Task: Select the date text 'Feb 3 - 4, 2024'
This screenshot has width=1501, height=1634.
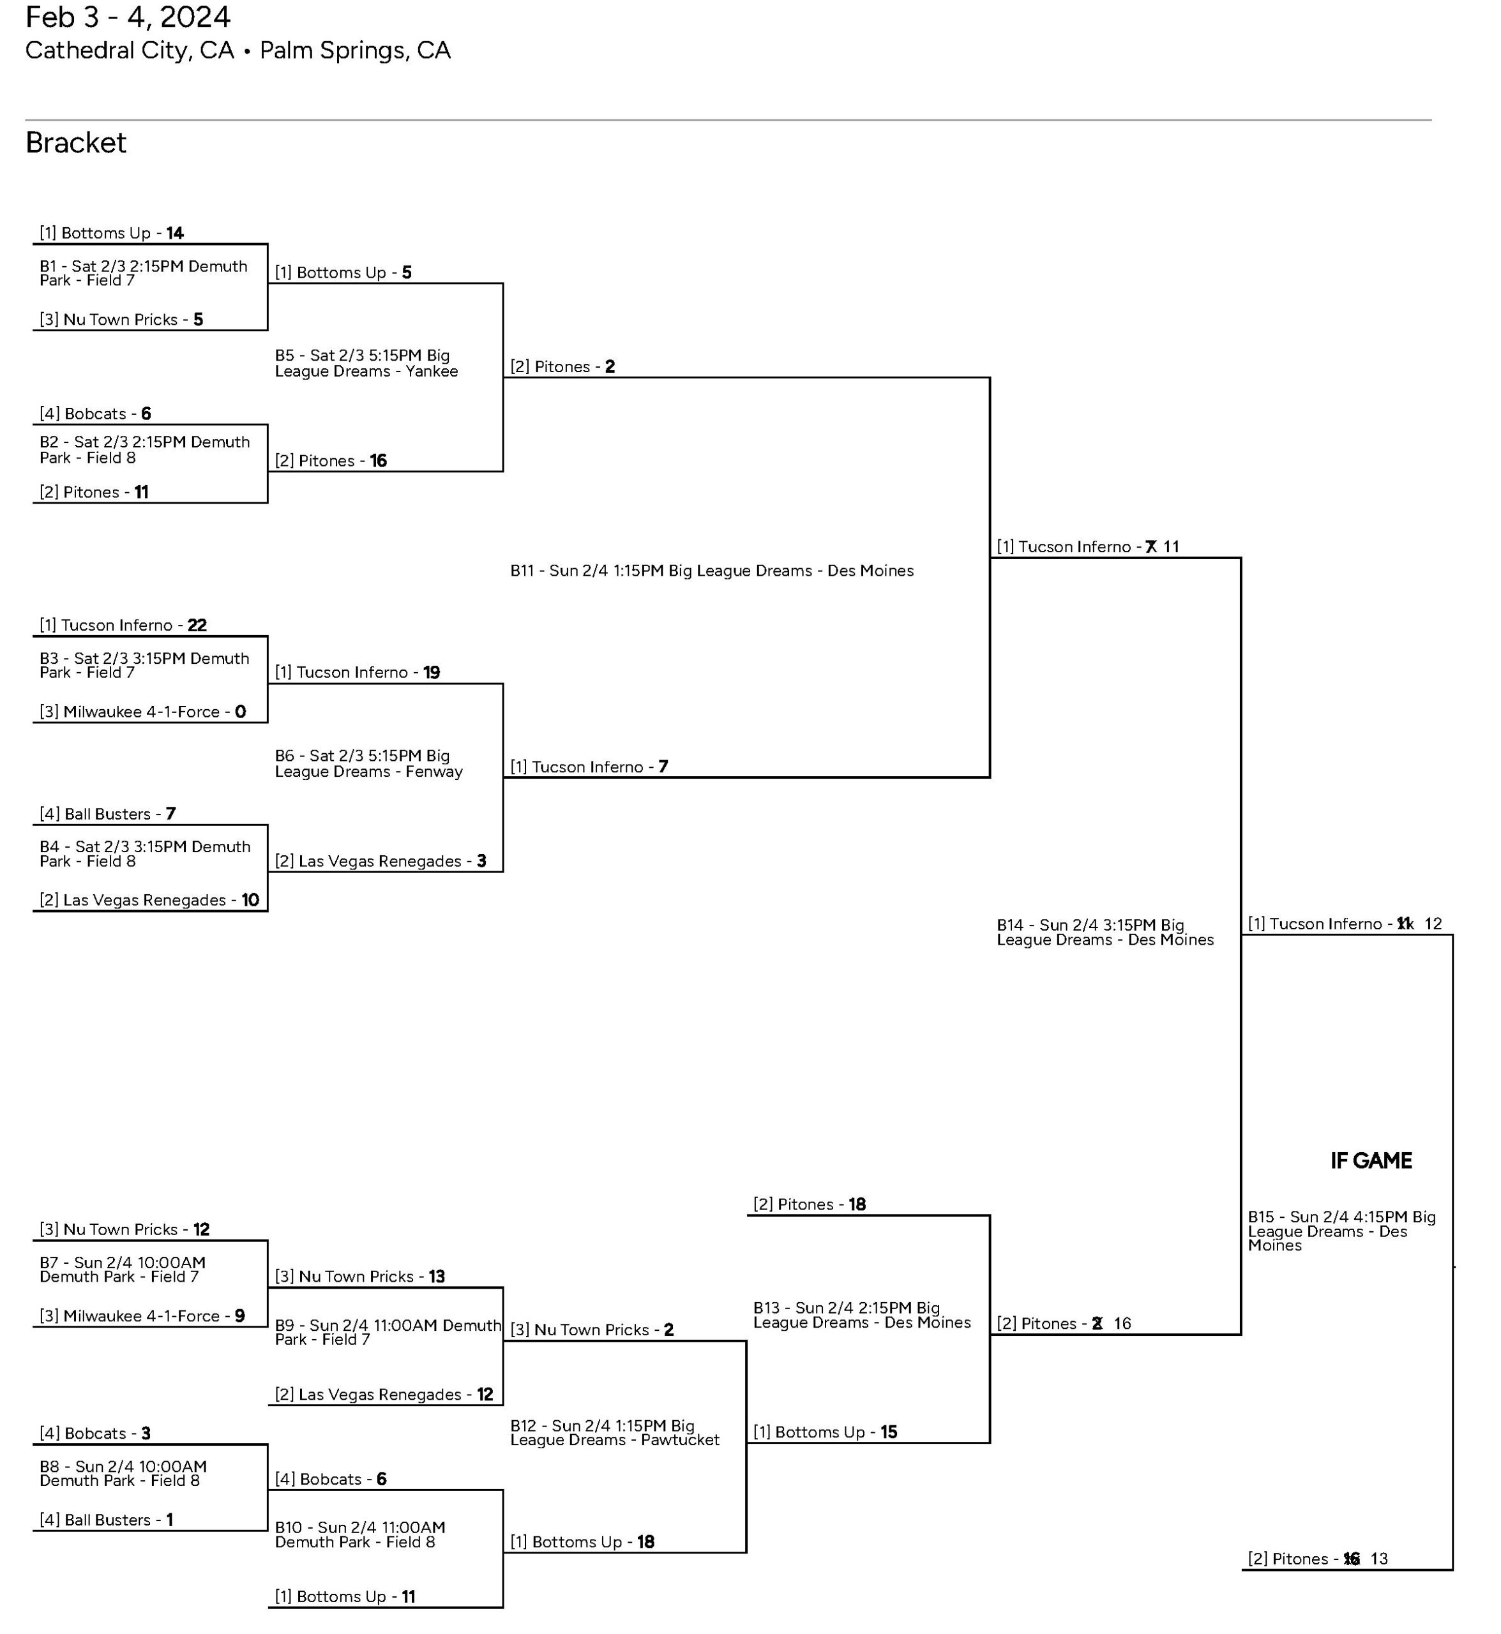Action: (x=128, y=17)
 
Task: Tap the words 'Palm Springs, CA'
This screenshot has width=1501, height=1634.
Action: (x=355, y=50)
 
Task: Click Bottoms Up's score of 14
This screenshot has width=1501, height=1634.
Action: (x=176, y=233)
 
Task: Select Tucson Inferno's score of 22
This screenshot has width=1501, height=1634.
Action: (x=197, y=626)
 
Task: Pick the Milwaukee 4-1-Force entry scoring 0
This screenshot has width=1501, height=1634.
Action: (x=142, y=712)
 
